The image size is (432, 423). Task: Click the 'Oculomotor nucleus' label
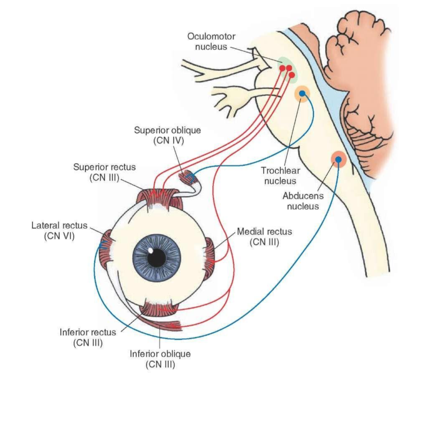[211, 41]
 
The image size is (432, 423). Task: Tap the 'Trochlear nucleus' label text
[280, 176]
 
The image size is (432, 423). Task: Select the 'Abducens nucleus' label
[303, 201]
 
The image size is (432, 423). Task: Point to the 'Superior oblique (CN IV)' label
[167, 135]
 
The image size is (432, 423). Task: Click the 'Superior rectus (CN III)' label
[104, 172]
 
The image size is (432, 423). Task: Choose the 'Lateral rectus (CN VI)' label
[59, 230]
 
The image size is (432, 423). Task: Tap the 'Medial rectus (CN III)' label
[264, 237]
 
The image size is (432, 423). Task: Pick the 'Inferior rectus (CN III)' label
[88, 337]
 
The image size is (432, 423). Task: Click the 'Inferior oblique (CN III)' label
[160, 359]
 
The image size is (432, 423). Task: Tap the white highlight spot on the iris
[151, 250]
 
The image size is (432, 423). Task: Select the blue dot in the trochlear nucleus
[302, 93]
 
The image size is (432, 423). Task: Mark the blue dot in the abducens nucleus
[338, 159]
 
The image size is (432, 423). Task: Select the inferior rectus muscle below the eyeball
[158, 309]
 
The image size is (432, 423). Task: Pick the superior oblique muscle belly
[188, 177]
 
